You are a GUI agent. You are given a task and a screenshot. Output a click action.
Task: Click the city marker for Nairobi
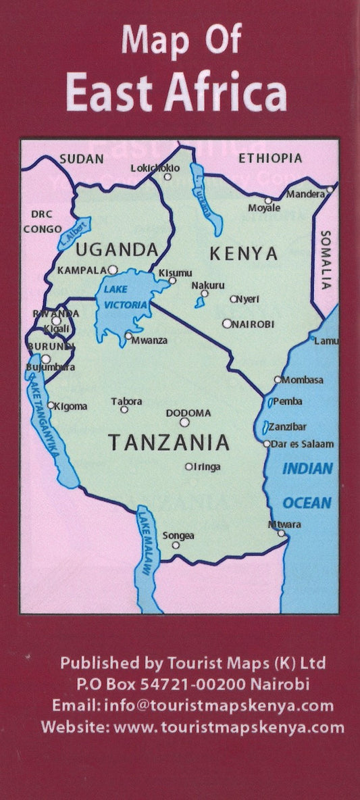click(x=227, y=324)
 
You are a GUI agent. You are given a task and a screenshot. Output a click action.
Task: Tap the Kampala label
click(x=82, y=270)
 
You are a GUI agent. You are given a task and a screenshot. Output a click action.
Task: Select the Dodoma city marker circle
click(x=184, y=422)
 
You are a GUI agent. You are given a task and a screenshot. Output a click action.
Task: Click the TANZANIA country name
click(x=169, y=443)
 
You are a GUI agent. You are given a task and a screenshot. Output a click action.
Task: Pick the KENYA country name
click(x=243, y=254)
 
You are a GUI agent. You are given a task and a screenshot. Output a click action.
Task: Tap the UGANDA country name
click(x=116, y=249)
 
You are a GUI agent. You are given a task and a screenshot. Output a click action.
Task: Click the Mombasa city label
click(x=303, y=380)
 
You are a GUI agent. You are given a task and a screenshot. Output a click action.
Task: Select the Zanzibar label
click(x=288, y=427)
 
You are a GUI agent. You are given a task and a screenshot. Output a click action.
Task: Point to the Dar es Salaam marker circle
click(x=267, y=444)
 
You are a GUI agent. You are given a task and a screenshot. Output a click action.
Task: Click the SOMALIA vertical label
click(x=326, y=257)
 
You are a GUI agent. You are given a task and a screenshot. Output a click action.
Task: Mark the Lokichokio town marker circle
click(x=168, y=177)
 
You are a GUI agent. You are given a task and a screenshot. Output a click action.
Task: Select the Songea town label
click(x=178, y=535)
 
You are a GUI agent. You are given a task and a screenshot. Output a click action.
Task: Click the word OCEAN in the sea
click(x=307, y=503)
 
